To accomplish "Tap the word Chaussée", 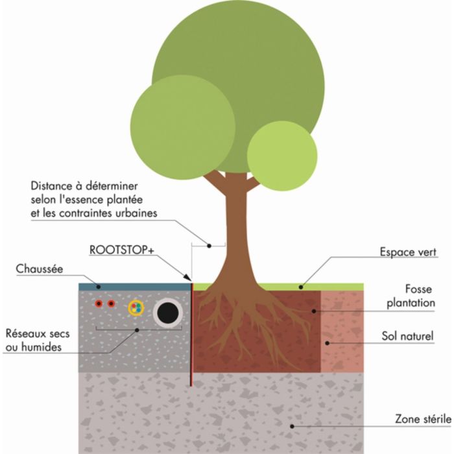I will [40, 268].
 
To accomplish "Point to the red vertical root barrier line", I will [192, 331].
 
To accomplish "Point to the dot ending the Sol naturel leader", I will [328, 342].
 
